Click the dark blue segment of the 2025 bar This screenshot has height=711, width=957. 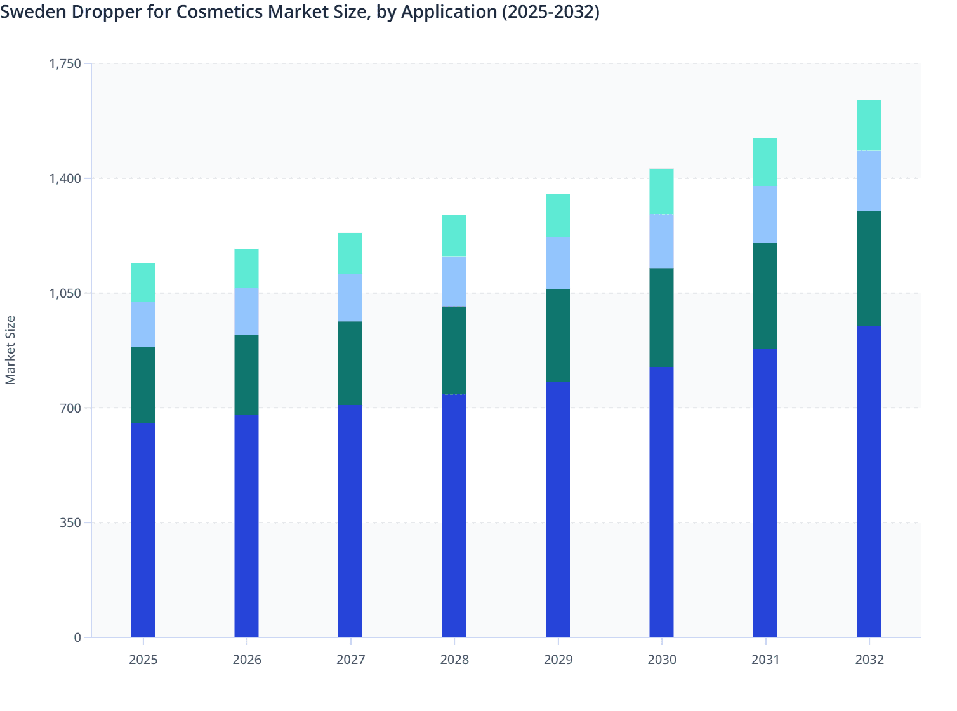(x=143, y=530)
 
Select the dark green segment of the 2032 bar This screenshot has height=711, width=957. (x=869, y=269)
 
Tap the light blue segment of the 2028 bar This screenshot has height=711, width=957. (x=454, y=281)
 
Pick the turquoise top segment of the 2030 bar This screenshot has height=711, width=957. (x=661, y=191)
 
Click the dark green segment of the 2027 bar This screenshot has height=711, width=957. (x=350, y=362)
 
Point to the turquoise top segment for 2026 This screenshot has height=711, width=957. (x=246, y=268)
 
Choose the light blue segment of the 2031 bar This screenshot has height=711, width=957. (x=765, y=214)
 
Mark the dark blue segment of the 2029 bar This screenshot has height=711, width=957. (x=558, y=509)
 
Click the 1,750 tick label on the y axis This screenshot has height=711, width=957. (x=65, y=63)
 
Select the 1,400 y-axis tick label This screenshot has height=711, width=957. (x=65, y=178)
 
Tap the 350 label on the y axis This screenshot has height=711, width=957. (x=70, y=522)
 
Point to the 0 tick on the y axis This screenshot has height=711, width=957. (x=77, y=637)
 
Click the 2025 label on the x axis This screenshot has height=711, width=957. (x=143, y=660)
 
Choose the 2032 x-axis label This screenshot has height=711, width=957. (x=869, y=660)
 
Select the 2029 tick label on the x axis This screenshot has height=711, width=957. (x=558, y=660)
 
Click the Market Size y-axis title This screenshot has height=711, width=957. (x=10, y=350)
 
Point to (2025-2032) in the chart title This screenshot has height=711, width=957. (x=550, y=12)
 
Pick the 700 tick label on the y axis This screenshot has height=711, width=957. (x=70, y=408)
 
